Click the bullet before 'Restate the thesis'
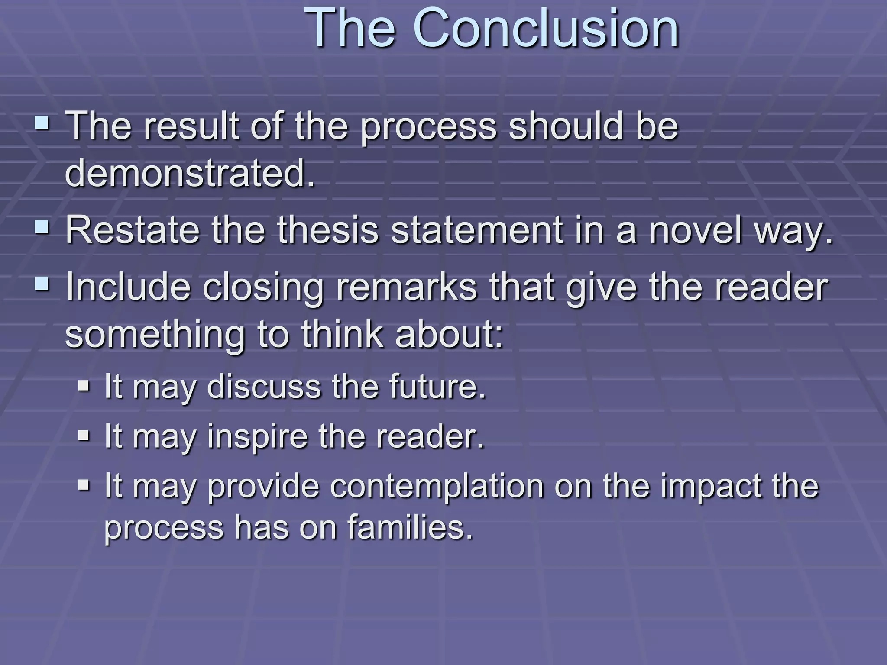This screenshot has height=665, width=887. click(42, 226)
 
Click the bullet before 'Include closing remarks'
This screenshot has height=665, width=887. click(42, 284)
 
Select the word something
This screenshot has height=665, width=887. click(155, 335)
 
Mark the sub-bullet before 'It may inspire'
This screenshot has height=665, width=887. click(84, 434)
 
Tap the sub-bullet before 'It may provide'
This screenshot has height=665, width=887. click(84, 484)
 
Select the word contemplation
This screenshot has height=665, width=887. click(437, 487)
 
